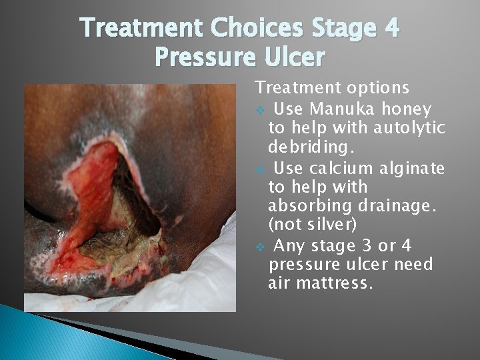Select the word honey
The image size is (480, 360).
[x=408, y=109]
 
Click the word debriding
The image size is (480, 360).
[x=307, y=146]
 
